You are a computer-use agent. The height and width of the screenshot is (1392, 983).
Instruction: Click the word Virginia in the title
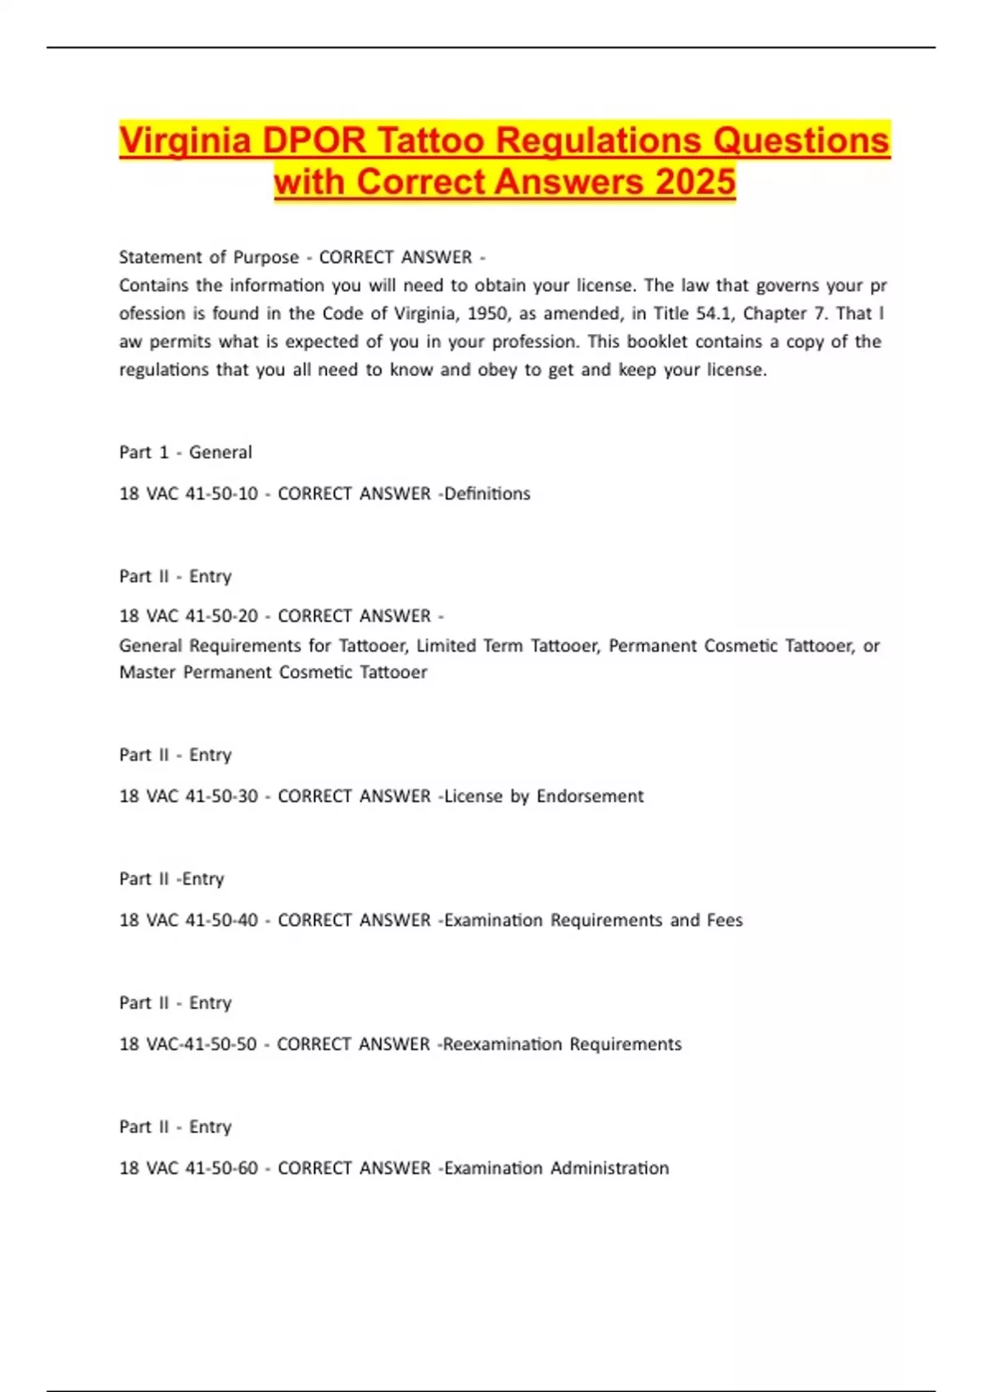click(185, 140)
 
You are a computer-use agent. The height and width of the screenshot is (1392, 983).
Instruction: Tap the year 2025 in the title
click(695, 182)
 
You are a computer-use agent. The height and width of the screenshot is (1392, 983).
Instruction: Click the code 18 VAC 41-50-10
click(188, 494)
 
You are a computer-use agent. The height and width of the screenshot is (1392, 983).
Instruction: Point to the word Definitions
click(487, 494)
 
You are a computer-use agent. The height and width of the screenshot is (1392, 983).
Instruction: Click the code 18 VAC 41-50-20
click(188, 616)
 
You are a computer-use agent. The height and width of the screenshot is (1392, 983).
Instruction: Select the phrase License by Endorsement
click(544, 796)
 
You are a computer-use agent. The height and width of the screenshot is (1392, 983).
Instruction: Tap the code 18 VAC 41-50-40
click(188, 920)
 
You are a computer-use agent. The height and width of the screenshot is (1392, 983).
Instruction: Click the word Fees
click(724, 920)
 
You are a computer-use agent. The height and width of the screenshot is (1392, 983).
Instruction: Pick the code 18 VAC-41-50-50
click(188, 1044)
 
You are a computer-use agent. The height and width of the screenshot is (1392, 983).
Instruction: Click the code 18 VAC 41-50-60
click(188, 1168)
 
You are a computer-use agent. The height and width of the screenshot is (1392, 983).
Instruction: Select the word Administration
click(609, 1168)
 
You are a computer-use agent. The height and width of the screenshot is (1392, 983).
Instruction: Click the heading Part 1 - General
click(185, 452)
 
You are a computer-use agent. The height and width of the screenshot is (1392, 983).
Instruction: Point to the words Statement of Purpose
click(209, 257)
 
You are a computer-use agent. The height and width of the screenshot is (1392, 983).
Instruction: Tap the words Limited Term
click(469, 646)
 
